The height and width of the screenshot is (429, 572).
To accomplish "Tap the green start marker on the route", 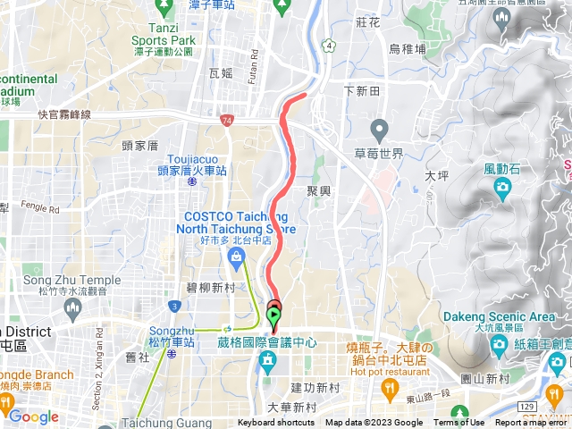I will [x=273, y=315].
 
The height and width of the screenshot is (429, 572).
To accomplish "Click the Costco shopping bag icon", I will [x=236, y=258].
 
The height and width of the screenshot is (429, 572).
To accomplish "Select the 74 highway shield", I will [x=228, y=119].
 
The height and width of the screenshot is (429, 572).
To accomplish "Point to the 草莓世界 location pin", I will [x=379, y=130].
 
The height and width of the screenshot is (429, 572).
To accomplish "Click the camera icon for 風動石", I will [x=502, y=186].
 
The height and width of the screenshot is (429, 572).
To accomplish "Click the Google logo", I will [x=33, y=416].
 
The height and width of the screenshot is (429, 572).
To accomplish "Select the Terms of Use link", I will [x=459, y=423].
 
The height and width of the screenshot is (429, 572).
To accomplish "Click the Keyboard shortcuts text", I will [x=275, y=423].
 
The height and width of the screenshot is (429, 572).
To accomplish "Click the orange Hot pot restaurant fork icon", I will [x=389, y=388].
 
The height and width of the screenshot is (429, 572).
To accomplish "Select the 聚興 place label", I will [x=318, y=190].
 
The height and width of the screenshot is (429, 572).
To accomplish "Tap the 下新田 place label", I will [x=362, y=92].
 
